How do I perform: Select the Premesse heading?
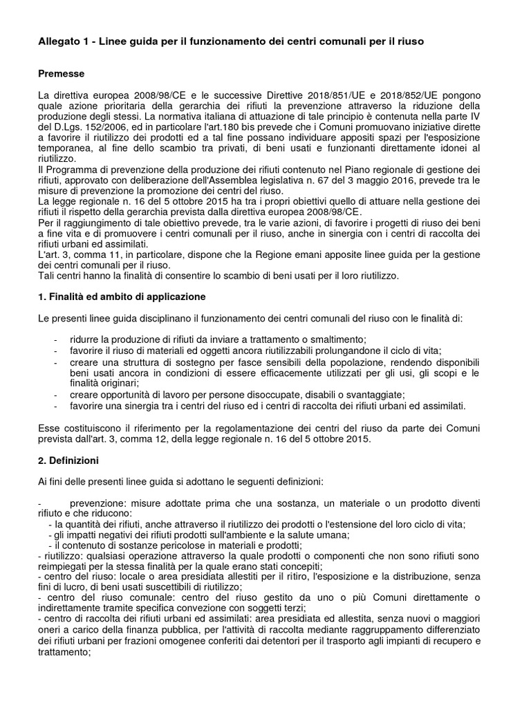coord(62,73)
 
